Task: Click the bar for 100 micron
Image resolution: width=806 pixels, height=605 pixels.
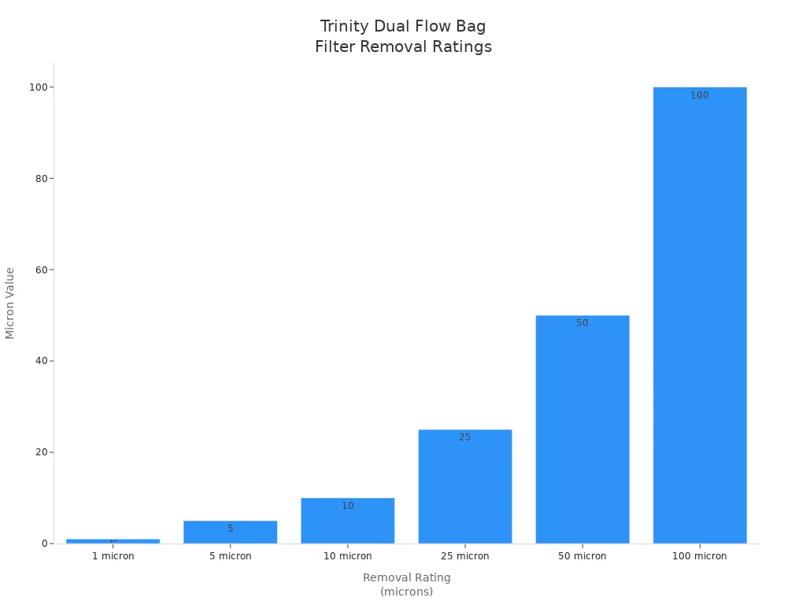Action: click(700, 315)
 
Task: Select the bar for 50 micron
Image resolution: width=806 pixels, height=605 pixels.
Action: click(582, 429)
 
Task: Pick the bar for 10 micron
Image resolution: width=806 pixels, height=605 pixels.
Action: click(348, 521)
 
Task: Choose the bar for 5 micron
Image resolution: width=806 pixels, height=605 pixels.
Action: click(231, 533)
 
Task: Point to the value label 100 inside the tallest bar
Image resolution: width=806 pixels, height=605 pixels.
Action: click(700, 95)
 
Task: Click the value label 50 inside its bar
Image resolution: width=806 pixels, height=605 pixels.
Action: click(582, 323)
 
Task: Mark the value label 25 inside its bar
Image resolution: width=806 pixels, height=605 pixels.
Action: click(465, 437)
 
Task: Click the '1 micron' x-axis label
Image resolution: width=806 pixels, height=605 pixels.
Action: click(113, 556)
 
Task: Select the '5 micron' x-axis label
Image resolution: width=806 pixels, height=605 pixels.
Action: click(231, 556)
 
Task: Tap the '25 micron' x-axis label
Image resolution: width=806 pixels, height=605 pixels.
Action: click(465, 556)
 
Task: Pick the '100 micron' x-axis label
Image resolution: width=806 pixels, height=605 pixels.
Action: click(700, 556)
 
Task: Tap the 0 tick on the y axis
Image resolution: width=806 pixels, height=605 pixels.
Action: click(44, 544)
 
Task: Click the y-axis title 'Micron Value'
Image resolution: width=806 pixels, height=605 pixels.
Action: click(10, 303)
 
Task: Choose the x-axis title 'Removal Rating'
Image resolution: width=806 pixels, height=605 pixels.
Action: click(407, 577)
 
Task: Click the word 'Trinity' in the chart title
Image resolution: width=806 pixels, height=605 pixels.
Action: click(344, 27)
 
